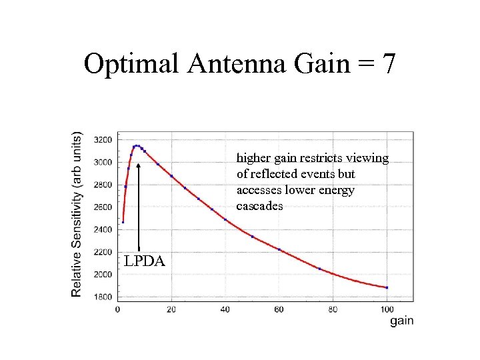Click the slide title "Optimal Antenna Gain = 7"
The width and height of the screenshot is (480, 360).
(240, 64)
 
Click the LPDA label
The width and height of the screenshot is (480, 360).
(144, 261)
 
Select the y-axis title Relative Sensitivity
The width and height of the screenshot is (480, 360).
(77, 213)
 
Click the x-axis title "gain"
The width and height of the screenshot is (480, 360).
(401, 321)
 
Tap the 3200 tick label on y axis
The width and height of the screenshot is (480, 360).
(103, 140)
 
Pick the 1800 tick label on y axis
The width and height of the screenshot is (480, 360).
(103, 297)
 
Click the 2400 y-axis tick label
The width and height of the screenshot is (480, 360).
(103, 229)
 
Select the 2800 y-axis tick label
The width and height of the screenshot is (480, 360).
(103, 185)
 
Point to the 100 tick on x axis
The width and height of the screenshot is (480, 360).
(387, 309)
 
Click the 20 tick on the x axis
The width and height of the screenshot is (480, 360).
(171, 309)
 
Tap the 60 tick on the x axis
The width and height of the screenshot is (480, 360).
(279, 309)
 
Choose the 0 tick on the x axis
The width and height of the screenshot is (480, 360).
(118, 309)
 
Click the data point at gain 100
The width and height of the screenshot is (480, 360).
(387, 288)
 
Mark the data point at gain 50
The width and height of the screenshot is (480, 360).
(252, 236)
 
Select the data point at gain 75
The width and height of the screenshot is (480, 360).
(319, 269)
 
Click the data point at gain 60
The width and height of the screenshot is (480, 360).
(279, 250)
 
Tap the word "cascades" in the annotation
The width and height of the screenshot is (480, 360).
(260, 206)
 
